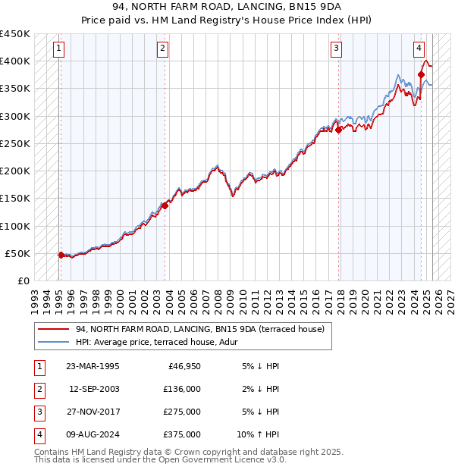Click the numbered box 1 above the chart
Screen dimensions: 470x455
59,49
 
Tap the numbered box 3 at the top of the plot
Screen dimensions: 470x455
336,49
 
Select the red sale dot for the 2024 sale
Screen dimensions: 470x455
421,74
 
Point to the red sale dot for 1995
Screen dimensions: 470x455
61,255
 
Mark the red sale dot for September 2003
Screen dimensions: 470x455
165,205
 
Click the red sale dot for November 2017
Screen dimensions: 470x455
339,130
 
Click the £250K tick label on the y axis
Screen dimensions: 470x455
15,143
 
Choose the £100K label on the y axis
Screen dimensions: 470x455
15,226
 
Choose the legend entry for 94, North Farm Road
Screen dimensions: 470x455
199,329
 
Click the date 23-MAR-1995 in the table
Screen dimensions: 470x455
93,366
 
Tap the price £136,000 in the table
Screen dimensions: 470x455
182,389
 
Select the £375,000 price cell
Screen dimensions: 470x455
182,434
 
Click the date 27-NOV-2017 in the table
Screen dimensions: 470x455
93,412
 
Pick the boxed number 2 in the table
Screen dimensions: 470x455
39,389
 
